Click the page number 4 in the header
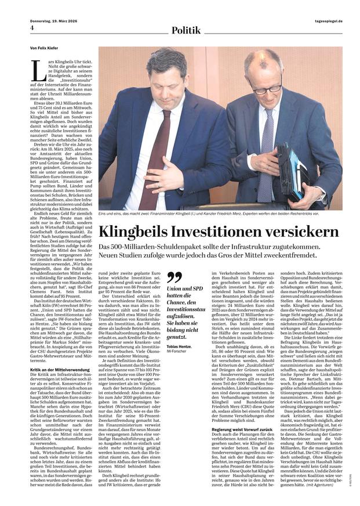pyautogui.click(x=32, y=28)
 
